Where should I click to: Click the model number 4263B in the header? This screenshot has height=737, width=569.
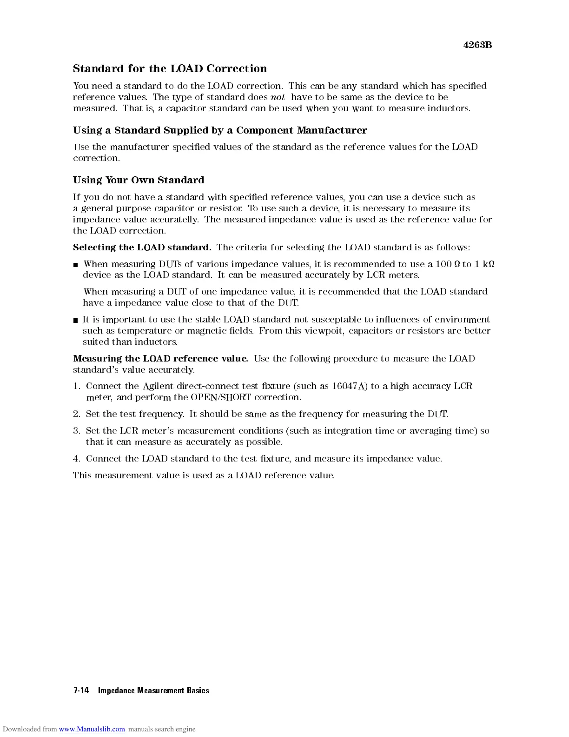[477, 45]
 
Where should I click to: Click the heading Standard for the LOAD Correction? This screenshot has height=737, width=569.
[170, 69]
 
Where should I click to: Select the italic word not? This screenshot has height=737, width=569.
[278, 97]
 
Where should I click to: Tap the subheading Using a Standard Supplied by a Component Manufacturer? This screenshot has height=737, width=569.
[220, 130]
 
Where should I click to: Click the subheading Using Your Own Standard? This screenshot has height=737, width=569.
[139, 180]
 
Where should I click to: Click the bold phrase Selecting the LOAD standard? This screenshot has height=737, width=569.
[142, 247]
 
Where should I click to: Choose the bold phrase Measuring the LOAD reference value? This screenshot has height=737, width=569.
[160, 359]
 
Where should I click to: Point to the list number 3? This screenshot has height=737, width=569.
[77, 431]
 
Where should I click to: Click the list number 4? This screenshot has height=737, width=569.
[77, 459]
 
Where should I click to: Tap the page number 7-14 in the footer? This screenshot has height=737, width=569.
[81, 690]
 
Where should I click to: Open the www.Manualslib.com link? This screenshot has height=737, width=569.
[92, 729]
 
